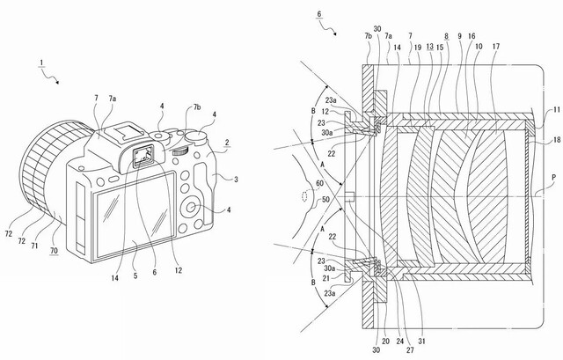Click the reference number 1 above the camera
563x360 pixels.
pyautogui.click(x=41, y=66)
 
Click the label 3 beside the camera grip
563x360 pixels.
pyautogui.click(x=237, y=179)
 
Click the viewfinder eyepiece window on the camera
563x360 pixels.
pyautogui.click(x=142, y=158)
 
